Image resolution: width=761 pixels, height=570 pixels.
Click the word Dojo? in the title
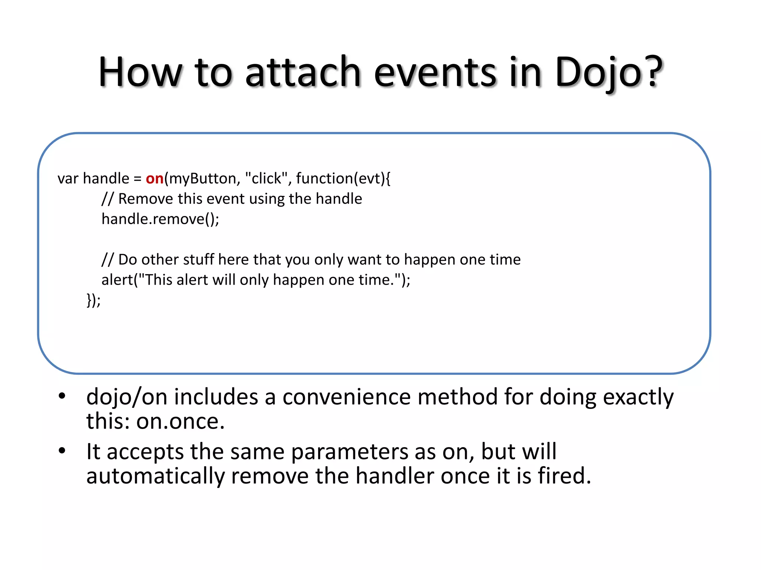pos(608,72)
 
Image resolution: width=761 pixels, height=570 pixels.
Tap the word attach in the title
pos(303,72)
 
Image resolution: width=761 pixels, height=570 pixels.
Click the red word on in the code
pos(155,179)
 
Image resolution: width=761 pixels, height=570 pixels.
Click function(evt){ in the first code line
pos(343,179)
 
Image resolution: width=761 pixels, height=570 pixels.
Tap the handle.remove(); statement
pos(160,219)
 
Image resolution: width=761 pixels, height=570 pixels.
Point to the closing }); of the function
pos(93,300)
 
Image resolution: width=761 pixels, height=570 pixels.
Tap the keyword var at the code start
pos(68,179)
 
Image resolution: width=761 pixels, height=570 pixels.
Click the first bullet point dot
pos(62,396)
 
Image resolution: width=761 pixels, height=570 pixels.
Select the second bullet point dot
pos(62,451)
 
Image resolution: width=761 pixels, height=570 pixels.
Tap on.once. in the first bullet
pos(180,422)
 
